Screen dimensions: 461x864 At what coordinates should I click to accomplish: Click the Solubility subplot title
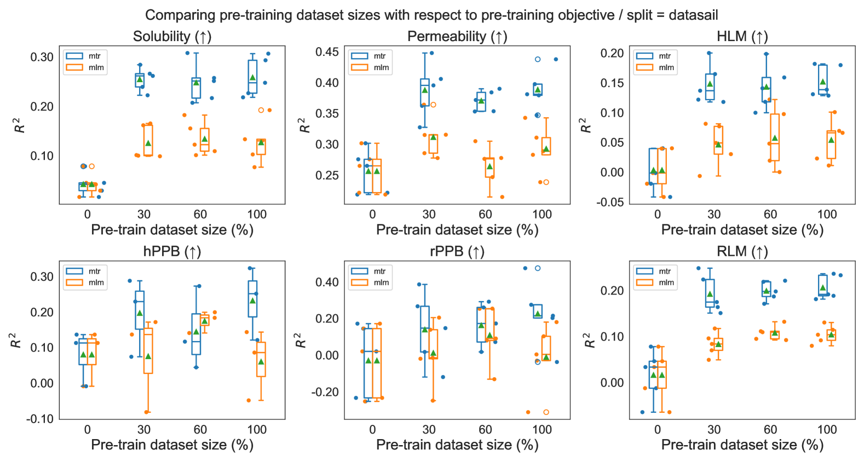coord(172,37)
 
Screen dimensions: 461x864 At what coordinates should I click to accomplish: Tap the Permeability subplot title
coord(457,37)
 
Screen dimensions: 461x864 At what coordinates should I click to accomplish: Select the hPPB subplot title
coord(172,252)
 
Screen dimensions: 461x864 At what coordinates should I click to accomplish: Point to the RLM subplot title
coord(742,252)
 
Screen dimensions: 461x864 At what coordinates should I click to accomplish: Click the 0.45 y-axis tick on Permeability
coord(327,52)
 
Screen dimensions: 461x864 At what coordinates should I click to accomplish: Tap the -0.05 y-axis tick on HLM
coord(612,202)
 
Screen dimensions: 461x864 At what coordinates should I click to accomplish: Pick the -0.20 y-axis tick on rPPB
coord(325,392)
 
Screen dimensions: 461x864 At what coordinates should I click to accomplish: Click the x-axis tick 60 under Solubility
coord(200,214)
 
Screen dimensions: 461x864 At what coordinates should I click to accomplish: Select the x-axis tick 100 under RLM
coord(827,429)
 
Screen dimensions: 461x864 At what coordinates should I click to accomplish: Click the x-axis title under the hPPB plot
coord(172,445)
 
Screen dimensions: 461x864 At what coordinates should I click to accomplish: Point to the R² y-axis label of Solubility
coord(20,125)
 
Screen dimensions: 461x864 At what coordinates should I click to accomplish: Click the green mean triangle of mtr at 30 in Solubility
coord(140,79)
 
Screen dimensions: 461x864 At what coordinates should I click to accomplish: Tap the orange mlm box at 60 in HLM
coord(775,137)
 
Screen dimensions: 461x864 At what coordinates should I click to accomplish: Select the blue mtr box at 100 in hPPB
coord(252,299)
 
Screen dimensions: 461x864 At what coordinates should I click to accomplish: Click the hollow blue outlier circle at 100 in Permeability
coord(538,59)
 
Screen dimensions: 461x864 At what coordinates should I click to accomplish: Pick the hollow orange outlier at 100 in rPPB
coord(546,412)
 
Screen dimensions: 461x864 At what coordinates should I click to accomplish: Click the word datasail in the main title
coord(693,15)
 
